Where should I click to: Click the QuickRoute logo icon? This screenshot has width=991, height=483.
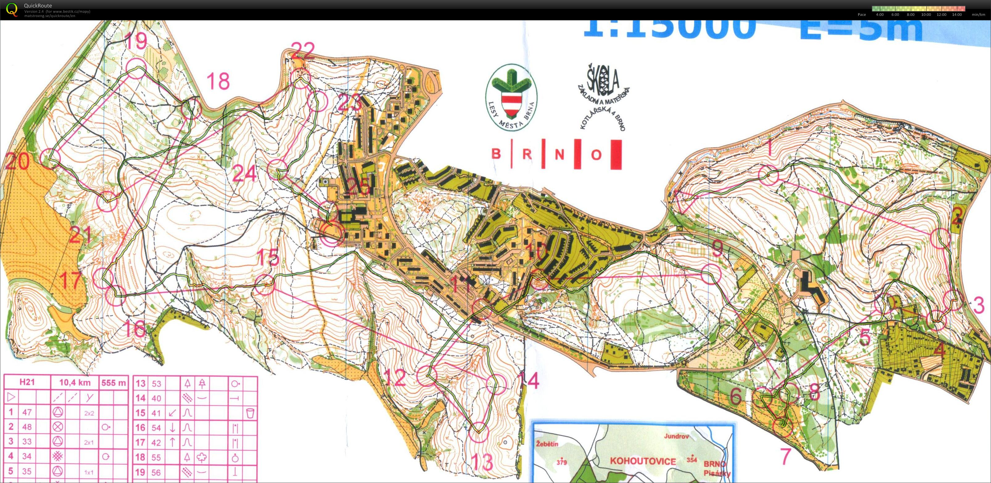(12, 9)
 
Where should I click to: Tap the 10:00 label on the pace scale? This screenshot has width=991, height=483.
(926, 15)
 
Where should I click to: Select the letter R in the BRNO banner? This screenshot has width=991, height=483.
(527, 154)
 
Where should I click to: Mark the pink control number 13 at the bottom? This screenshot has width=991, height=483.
(482, 462)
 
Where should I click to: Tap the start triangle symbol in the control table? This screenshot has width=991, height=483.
(11, 397)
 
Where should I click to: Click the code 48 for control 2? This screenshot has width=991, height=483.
(27, 427)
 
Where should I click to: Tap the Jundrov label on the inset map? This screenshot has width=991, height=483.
(677, 436)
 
